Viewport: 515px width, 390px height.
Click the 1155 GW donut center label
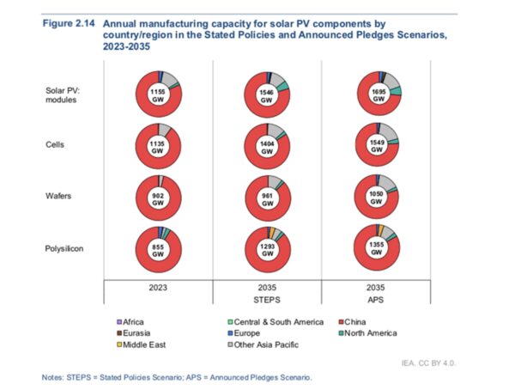point(157,94)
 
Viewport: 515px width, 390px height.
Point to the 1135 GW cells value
point(157,145)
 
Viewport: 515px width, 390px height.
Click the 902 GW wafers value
point(157,198)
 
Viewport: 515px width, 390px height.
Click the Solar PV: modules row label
point(63,94)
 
